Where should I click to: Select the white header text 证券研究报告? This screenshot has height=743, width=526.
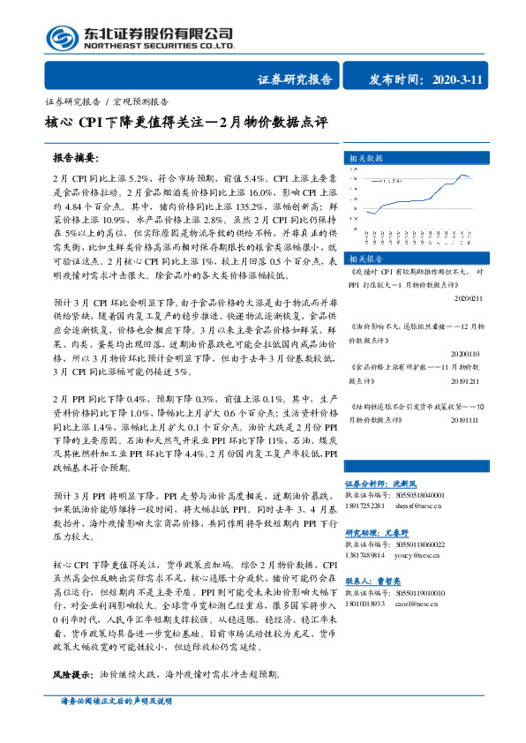[x=295, y=79]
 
